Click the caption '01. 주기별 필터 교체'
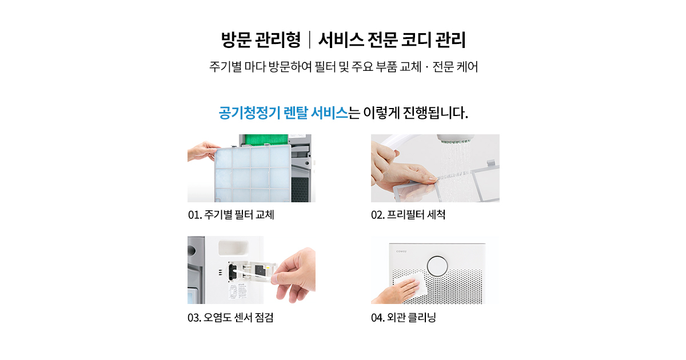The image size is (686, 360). pyautogui.click(x=231, y=215)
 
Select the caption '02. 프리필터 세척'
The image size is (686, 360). pyautogui.click(x=408, y=215)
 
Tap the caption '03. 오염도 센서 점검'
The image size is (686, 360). pyautogui.click(x=230, y=318)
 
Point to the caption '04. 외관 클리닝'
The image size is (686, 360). pyautogui.click(x=404, y=318)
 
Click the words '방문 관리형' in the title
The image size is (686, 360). pyautogui.click(x=261, y=40)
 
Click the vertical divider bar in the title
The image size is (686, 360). pyautogui.click(x=310, y=40)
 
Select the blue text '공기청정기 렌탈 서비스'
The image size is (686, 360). pyautogui.click(x=284, y=113)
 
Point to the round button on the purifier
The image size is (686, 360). pyautogui.click(x=437, y=266)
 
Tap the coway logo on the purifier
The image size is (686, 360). pyautogui.click(x=401, y=251)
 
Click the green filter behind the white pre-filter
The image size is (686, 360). pyautogui.click(x=264, y=139)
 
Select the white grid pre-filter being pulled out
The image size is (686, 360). pyautogui.click(x=252, y=173)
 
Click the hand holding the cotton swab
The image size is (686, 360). pyautogui.click(x=294, y=275)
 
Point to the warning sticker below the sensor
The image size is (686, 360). pyautogui.click(x=238, y=292)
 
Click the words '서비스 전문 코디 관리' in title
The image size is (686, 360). pyautogui.click(x=392, y=40)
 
